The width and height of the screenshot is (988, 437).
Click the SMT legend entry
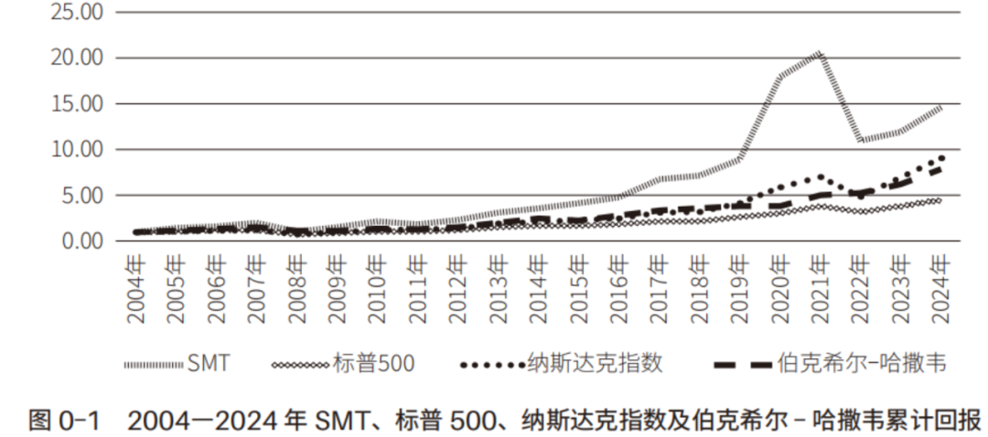(209, 365)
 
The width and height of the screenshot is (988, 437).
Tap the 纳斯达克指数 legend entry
(595, 365)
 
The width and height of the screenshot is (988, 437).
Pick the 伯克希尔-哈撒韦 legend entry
(860, 365)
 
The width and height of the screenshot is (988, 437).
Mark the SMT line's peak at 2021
(820, 53)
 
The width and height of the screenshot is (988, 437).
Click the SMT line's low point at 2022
(860, 141)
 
